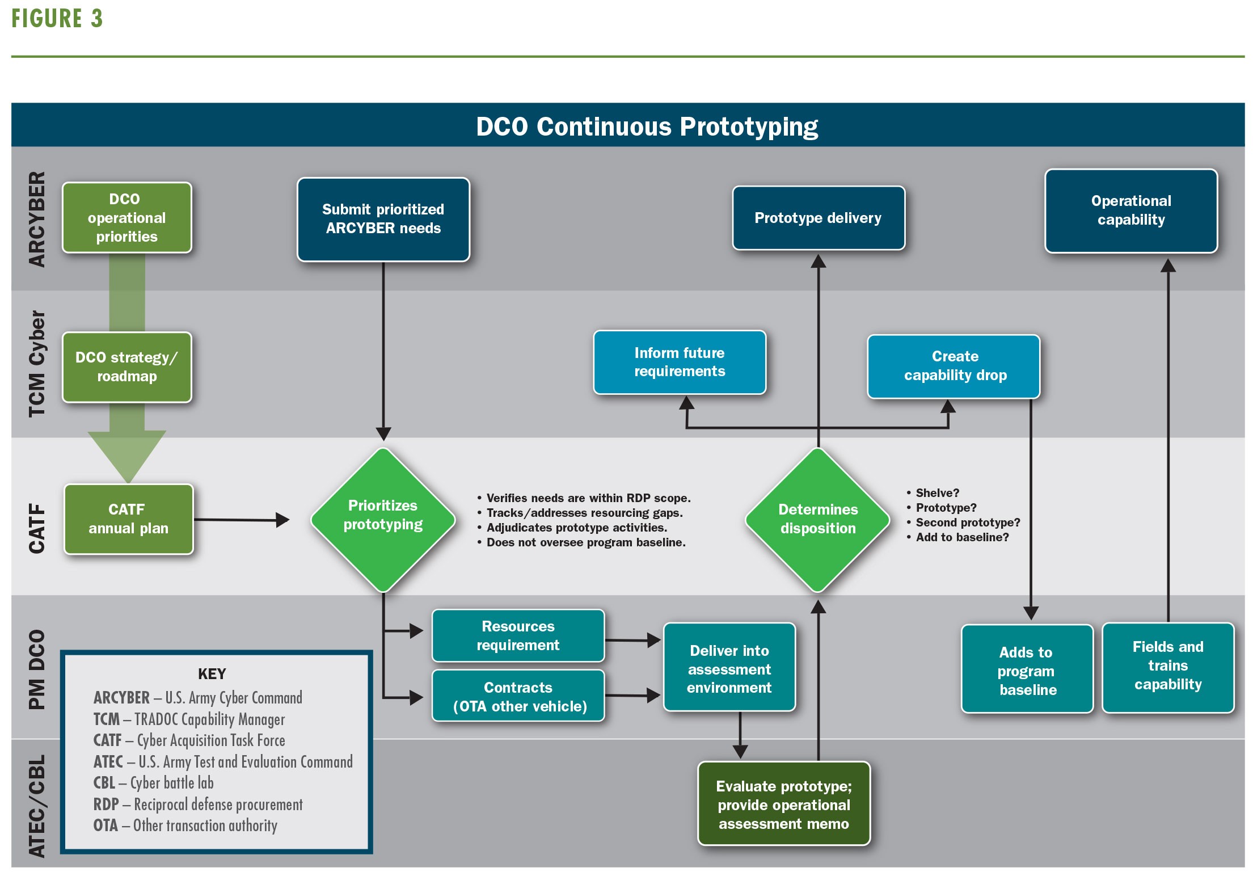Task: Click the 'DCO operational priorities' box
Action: [x=127, y=218]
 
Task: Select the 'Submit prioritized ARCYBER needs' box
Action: [x=383, y=220]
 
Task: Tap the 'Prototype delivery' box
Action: [x=819, y=218]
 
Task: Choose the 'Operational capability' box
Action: [x=1131, y=210]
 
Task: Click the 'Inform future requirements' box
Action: [x=680, y=362]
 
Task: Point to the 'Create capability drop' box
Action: [x=954, y=366]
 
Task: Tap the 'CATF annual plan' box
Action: [x=129, y=519]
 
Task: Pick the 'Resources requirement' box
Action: [x=518, y=635]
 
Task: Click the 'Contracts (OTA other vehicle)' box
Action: [x=518, y=696]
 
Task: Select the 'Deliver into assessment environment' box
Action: [x=729, y=667]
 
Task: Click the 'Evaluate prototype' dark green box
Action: [x=784, y=803]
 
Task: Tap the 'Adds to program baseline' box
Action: [x=1027, y=669]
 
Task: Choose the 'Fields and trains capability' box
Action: [x=1168, y=668]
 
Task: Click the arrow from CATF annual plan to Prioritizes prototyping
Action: [x=242, y=520]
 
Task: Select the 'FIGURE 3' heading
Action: [x=57, y=19]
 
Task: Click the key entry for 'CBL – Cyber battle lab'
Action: [x=154, y=783]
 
